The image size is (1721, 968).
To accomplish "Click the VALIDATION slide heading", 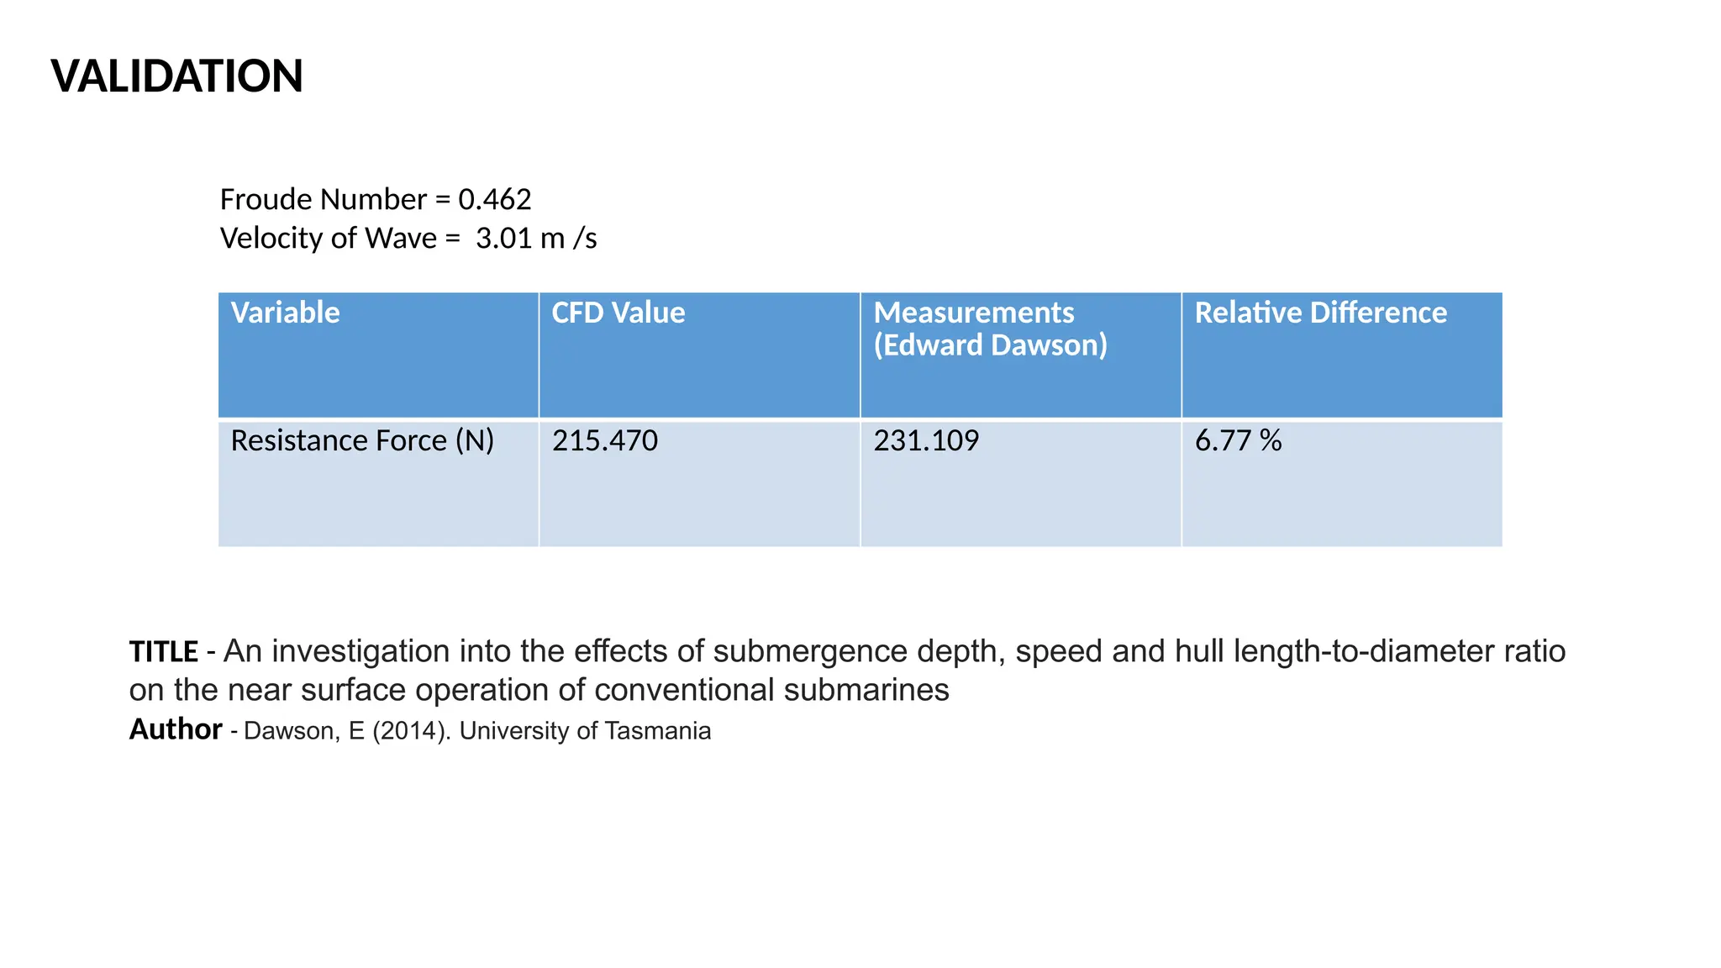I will [x=176, y=76].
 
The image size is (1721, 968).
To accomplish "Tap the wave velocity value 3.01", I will [x=503, y=239].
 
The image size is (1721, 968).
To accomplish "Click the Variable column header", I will [x=285, y=313].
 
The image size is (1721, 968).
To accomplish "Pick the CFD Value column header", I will [x=618, y=313].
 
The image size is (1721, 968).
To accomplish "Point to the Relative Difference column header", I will [x=1320, y=313].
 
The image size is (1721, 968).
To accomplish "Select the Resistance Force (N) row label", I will [x=362, y=440].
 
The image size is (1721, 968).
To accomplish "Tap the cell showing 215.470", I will [x=604, y=440].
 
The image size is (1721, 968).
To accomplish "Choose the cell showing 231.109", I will [x=926, y=440].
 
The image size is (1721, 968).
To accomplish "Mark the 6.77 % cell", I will [x=1238, y=440].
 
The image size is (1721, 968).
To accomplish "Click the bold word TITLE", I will [x=163, y=652].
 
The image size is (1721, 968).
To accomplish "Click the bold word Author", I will [x=175, y=729].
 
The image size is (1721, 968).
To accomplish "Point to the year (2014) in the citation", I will [x=408, y=731].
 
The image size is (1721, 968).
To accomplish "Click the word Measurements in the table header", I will [x=973, y=313].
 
